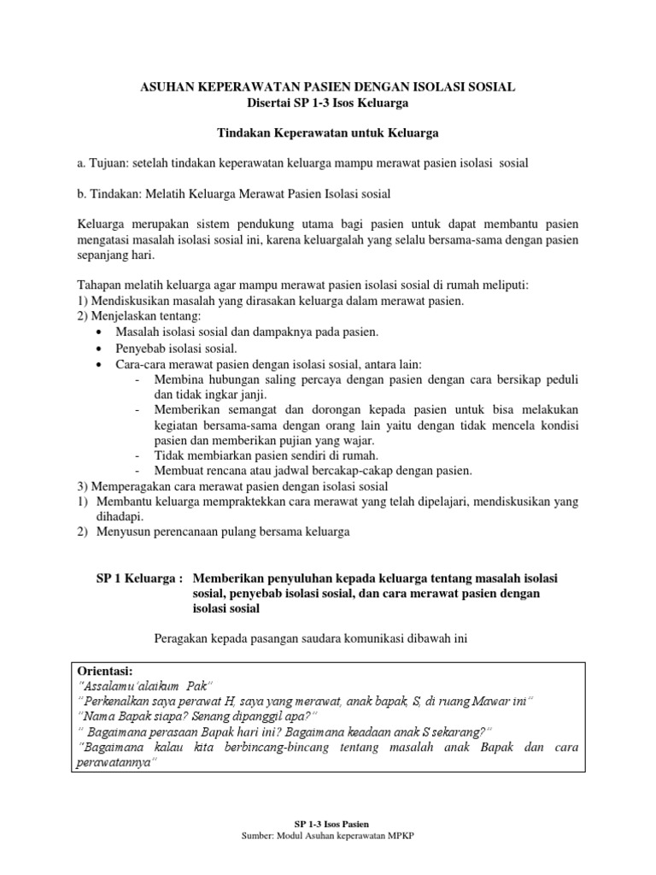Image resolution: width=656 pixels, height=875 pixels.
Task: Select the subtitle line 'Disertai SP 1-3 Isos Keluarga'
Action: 327,103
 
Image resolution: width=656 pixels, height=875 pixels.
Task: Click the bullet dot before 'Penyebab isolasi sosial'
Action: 103,349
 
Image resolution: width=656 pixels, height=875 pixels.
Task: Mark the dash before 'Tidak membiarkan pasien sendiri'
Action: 138,455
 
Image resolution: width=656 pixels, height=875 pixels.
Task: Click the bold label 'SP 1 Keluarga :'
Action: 140,578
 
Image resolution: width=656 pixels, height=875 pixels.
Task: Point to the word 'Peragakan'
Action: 182,637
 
